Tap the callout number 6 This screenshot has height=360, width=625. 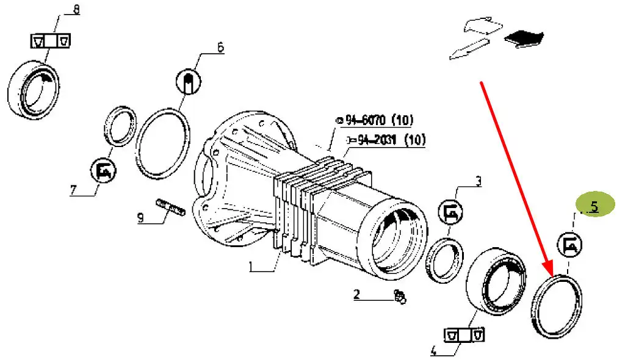pos(220,47)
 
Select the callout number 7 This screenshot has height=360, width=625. pos(73,190)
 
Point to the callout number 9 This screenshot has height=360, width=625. pos(140,218)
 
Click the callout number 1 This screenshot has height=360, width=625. pos(251,266)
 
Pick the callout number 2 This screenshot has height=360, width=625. pos(356,294)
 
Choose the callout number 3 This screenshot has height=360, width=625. pos(479,181)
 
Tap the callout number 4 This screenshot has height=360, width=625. pos(434,350)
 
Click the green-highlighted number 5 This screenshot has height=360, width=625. pos(594,206)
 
